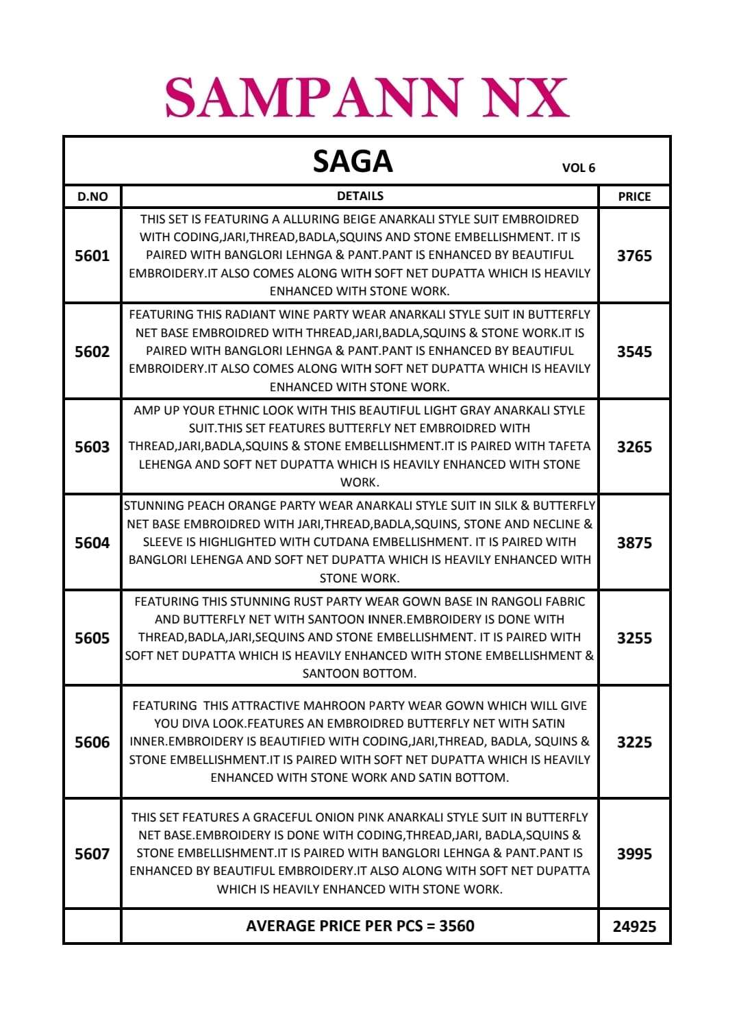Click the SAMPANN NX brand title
click(x=367, y=97)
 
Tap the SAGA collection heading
click(x=353, y=162)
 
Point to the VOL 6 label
click(x=578, y=168)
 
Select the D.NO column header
click(x=92, y=197)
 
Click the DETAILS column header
click(x=360, y=196)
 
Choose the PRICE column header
click(x=634, y=197)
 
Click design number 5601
click(x=92, y=256)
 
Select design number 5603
click(x=92, y=447)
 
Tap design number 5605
click(x=92, y=638)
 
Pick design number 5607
click(x=92, y=854)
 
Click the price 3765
click(x=634, y=256)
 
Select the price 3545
click(x=634, y=352)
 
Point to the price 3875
click(x=634, y=543)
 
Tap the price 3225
click(x=634, y=742)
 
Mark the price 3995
click(x=634, y=854)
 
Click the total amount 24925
click(x=634, y=926)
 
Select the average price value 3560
click(x=457, y=926)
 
